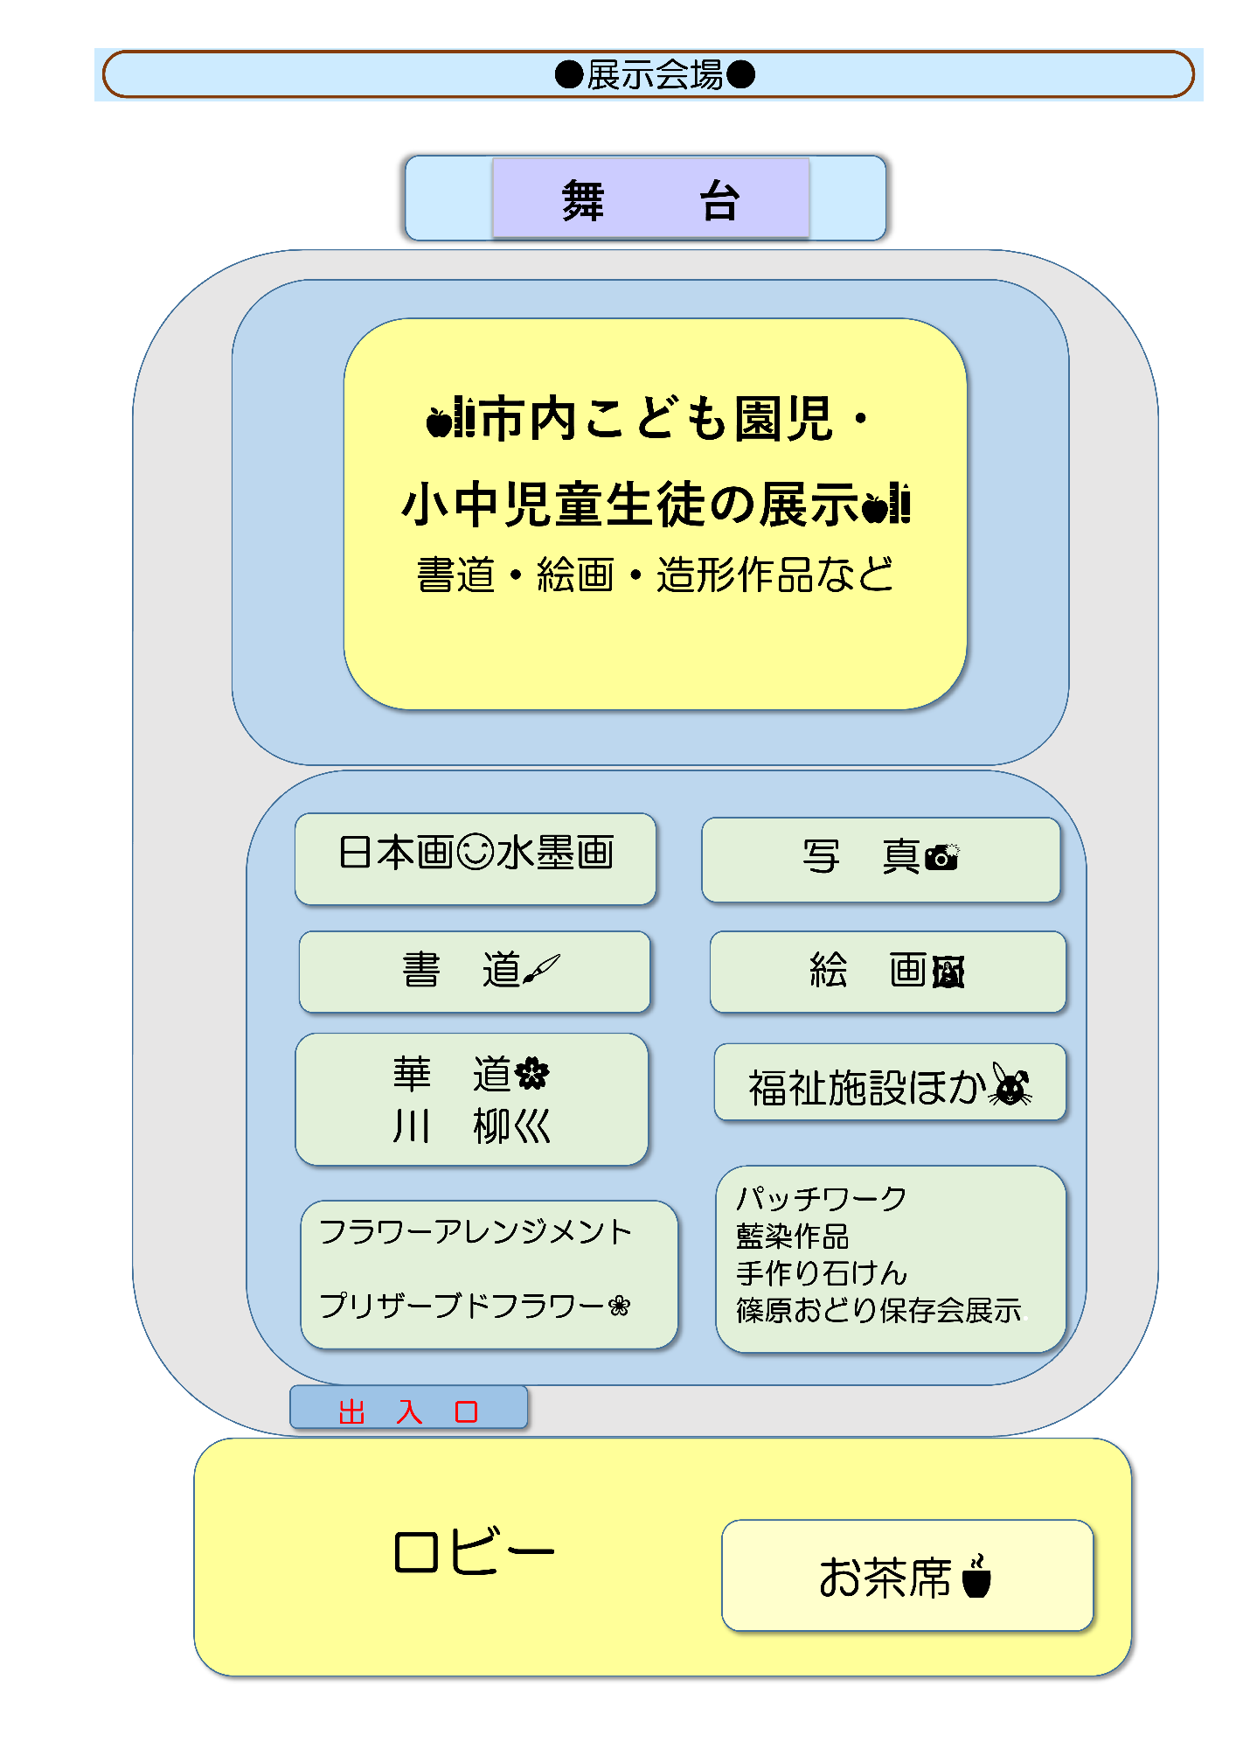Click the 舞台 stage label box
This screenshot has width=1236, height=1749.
coord(650,199)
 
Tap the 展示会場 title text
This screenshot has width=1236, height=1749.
coord(655,75)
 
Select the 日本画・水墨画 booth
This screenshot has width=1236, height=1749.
coord(476,856)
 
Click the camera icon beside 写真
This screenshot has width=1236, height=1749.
coord(942,857)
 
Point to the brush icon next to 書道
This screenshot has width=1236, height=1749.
coord(541,969)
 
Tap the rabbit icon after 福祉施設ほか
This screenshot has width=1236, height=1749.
coord(1010,1085)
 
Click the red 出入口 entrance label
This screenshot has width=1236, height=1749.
coord(408,1411)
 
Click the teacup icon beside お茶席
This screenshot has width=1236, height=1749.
coord(976,1577)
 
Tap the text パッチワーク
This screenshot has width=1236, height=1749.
coord(821,1199)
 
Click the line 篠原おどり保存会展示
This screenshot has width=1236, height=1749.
coord(878,1310)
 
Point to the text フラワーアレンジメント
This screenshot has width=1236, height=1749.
coord(475,1232)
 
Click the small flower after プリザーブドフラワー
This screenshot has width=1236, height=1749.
coord(619,1307)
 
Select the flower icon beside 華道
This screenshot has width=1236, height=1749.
coord(532,1074)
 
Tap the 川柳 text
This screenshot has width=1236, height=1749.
coord(472,1126)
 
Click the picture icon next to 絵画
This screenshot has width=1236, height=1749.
coord(948,972)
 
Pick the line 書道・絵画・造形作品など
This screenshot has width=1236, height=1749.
coord(656,575)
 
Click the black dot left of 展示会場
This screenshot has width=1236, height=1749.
coord(569,75)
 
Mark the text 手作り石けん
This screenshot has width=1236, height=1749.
coord(822,1273)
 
